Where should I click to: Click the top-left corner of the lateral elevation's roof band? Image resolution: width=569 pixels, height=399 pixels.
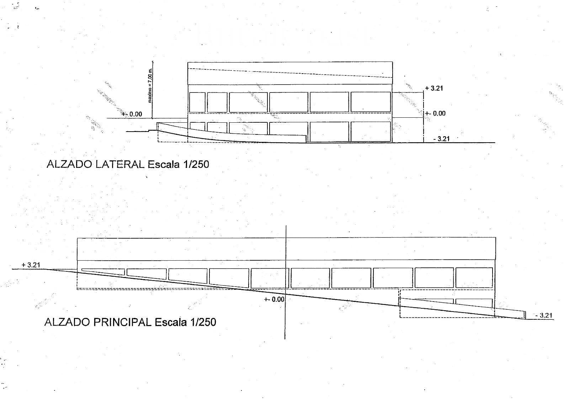point(188,62)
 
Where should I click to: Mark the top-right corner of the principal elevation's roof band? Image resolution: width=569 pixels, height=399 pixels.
point(496,238)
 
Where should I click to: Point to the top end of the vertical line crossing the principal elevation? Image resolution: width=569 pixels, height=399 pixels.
point(286,225)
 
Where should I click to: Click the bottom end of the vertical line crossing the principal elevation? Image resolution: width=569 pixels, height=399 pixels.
point(285,339)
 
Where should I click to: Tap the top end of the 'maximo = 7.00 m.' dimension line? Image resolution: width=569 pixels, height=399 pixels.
point(153,61)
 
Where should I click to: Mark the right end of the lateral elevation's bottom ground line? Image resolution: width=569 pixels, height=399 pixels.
point(495,143)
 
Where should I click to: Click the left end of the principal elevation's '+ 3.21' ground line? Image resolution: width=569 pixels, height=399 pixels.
point(12,269)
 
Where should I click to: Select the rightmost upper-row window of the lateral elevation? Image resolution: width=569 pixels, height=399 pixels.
point(371,102)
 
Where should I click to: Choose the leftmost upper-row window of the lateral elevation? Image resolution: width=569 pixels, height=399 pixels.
point(197,102)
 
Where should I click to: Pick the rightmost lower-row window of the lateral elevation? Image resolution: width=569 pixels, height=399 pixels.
point(371,132)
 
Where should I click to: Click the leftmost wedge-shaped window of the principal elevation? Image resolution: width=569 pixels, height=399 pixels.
point(103,272)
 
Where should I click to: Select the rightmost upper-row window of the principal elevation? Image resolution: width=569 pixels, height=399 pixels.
point(474,278)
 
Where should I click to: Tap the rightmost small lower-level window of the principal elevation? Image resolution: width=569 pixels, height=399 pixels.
point(474,303)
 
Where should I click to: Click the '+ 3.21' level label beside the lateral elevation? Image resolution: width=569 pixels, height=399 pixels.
point(434,89)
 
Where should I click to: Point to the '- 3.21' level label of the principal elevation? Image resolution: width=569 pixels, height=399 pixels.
point(544,315)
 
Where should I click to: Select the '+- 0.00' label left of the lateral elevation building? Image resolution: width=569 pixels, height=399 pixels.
point(132,114)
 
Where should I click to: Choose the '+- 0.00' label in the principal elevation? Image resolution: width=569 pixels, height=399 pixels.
point(274,299)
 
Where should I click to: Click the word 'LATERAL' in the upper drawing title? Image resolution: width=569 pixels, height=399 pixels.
point(120,165)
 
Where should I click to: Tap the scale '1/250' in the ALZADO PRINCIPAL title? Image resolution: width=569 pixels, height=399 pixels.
point(203,322)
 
